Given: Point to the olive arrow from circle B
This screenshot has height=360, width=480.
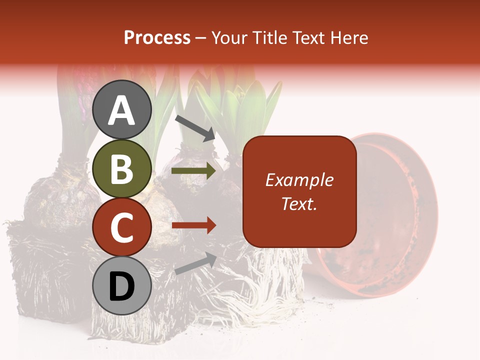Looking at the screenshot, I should (x=193, y=171).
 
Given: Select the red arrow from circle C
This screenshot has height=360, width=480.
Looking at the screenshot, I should (x=193, y=225).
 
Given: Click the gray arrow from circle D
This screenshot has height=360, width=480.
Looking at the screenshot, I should (x=195, y=263).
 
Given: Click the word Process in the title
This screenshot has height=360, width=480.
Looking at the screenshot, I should (x=157, y=38).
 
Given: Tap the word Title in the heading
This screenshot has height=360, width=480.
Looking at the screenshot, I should (x=271, y=38).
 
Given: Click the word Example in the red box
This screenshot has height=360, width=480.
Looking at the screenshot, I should (x=299, y=180).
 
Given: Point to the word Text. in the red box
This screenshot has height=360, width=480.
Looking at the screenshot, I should (x=299, y=203).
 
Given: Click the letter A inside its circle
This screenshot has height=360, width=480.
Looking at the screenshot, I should (x=122, y=111).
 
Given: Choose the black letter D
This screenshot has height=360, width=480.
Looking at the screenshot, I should (x=122, y=287).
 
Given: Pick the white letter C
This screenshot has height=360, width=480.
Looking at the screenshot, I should (x=122, y=228).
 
